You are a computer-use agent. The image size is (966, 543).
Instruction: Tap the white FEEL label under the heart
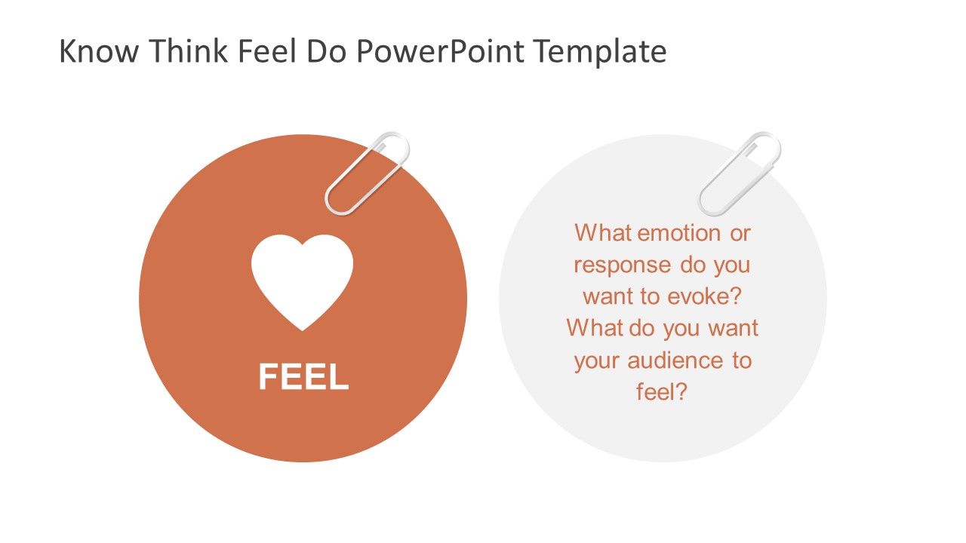303,377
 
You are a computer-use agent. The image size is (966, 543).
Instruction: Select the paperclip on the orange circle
367,173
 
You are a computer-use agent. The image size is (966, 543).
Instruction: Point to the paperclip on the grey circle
740,173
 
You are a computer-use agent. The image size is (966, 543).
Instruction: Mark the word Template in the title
600,51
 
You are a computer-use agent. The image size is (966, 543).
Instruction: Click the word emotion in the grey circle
679,233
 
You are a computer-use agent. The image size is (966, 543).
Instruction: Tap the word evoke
703,296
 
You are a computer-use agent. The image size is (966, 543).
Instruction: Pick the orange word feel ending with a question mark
662,392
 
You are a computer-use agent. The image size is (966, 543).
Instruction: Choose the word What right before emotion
604,233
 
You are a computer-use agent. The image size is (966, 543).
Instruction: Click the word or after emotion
740,233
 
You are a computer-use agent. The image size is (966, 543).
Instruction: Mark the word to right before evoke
651,296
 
